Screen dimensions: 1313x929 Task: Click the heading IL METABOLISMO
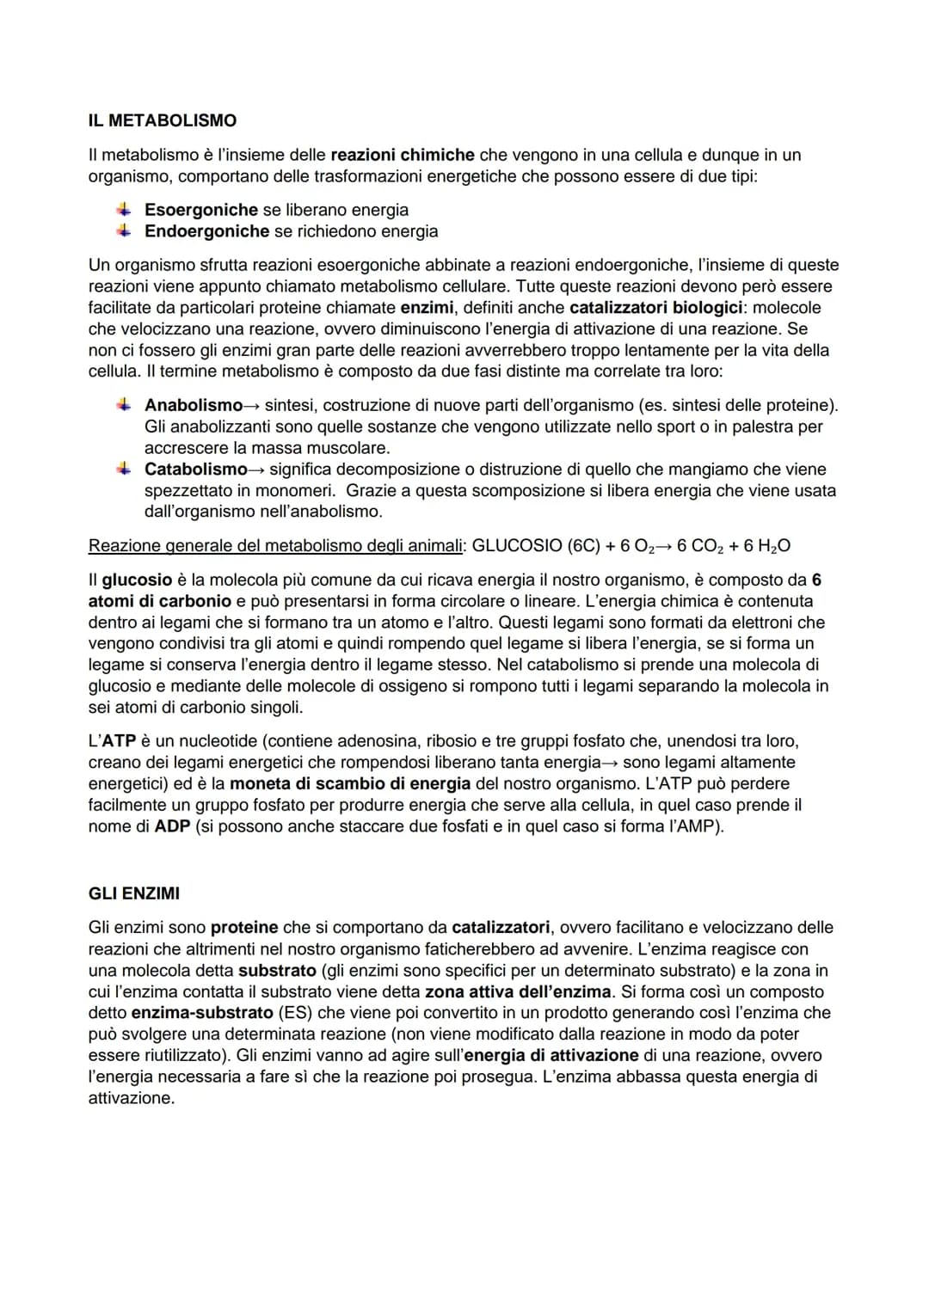[x=162, y=120]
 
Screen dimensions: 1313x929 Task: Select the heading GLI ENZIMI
[x=134, y=893]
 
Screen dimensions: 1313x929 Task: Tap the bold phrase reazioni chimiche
[x=403, y=155]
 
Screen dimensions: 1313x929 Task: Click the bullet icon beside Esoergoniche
[x=125, y=209]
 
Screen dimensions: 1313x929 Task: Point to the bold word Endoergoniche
[x=206, y=231]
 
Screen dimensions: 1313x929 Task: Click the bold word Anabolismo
[x=194, y=405]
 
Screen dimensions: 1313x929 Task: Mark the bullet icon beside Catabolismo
[x=125, y=469]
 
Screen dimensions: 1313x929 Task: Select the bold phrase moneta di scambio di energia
[x=350, y=783]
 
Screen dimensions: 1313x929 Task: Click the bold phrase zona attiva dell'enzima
[x=518, y=991]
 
